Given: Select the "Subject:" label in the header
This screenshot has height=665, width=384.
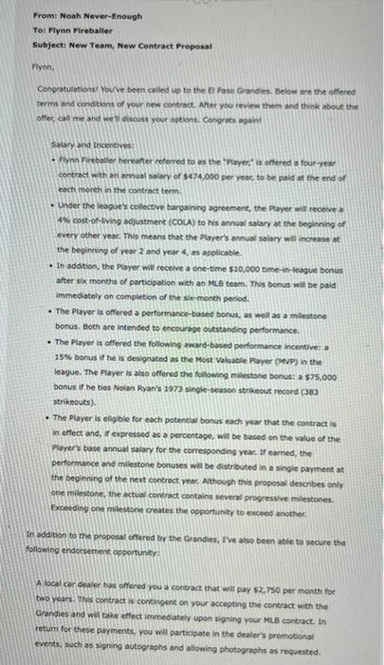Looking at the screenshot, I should pos(48,44).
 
